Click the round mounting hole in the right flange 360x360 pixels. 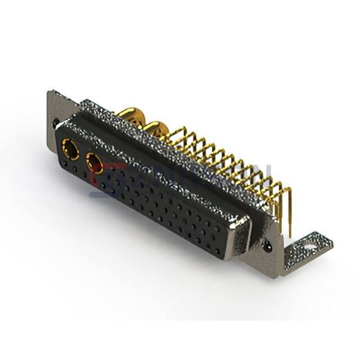(x=268, y=245)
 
